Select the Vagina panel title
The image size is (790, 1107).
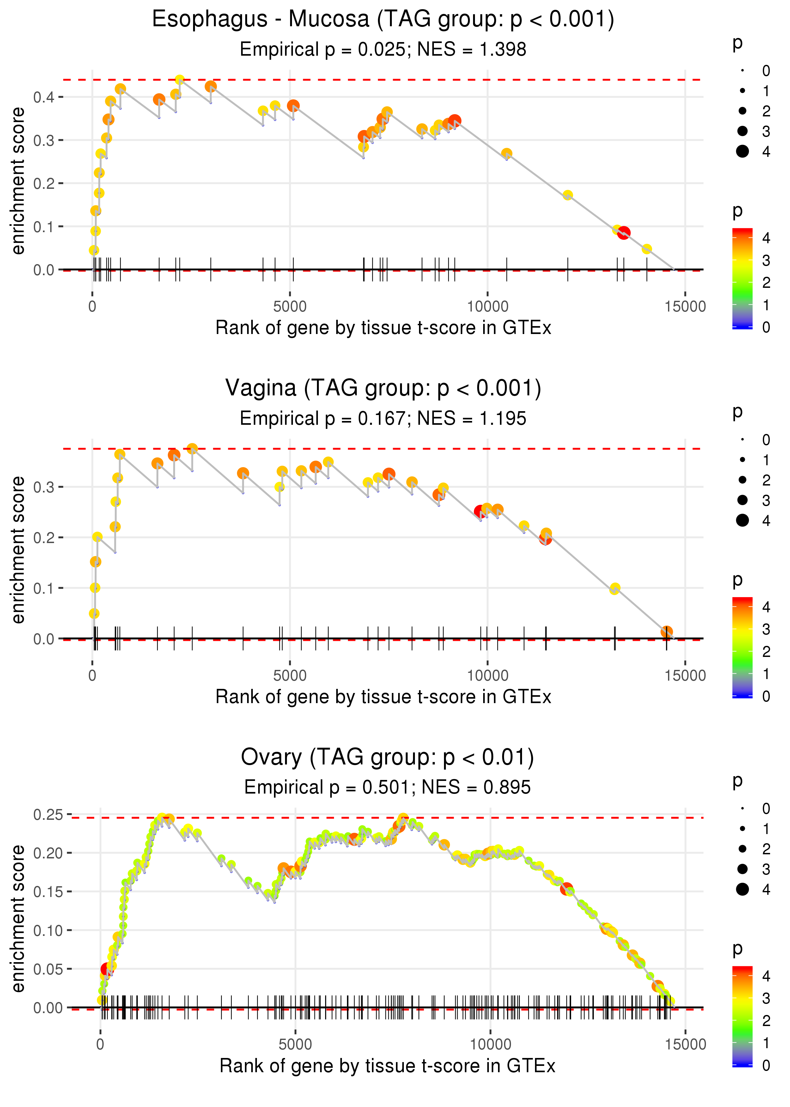pos(383,388)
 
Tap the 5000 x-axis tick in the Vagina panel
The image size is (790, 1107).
pos(290,675)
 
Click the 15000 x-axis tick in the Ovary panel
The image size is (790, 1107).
pos(685,1044)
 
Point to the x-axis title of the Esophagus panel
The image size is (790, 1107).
pos(383,328)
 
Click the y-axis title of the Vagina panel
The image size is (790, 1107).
pos(18,550)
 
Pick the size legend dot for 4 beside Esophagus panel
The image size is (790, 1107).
pos(742,152)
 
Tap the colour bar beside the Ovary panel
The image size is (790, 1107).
pos(742,1017)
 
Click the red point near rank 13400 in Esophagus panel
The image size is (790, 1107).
pos(624,233)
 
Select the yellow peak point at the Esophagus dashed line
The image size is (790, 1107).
pos(179,80)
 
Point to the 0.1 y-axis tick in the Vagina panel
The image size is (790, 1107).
pos(44,588)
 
